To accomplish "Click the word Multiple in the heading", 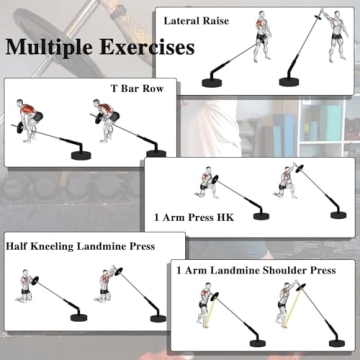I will point(50,47).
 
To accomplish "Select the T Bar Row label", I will point(135,88).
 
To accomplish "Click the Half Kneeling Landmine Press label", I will point(79,245).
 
